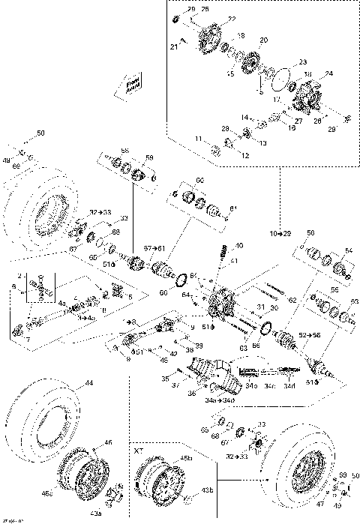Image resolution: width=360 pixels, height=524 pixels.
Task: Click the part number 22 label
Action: coord(231,19)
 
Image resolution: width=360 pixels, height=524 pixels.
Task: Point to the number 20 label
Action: coord(262,40)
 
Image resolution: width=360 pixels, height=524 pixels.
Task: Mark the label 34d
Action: coord(288,386)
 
